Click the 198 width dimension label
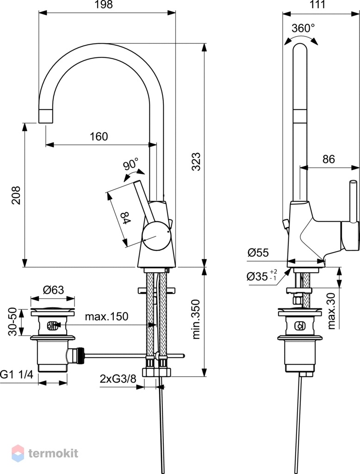104,5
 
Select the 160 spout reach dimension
99,137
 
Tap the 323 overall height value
196,162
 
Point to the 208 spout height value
16,195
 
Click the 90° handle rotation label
130,165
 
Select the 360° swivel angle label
303,28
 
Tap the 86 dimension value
329,159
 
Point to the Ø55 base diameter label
258,252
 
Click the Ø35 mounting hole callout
262,276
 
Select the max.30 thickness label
332,311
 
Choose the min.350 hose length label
196,319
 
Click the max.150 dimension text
106,317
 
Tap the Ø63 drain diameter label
53,290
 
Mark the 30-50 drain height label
12,322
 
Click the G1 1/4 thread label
16,375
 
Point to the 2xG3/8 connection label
118,379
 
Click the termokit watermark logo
45,453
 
